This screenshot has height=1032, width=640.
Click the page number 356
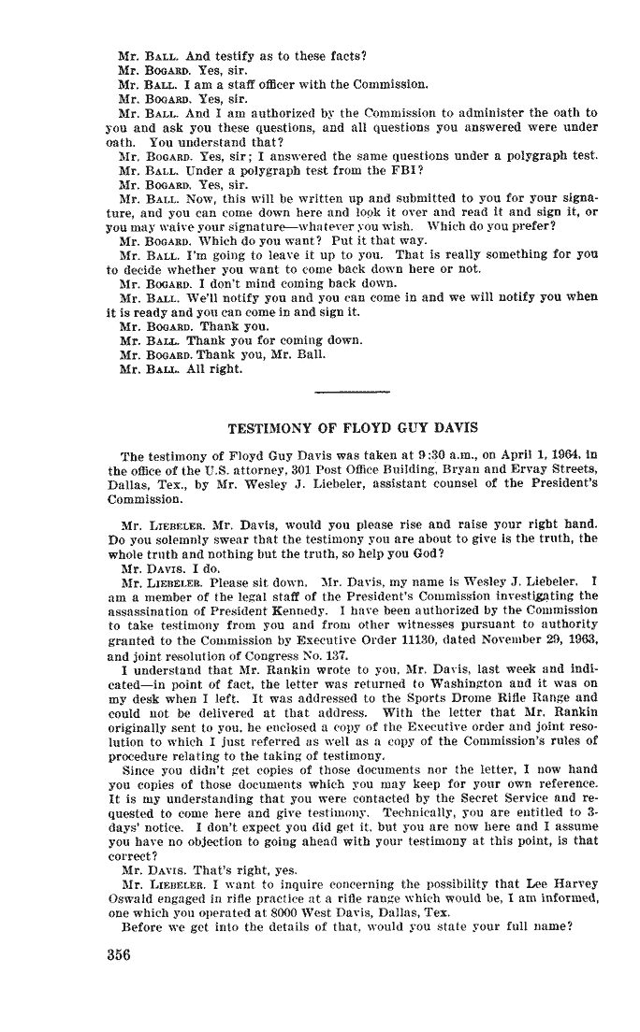point(122,956)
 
